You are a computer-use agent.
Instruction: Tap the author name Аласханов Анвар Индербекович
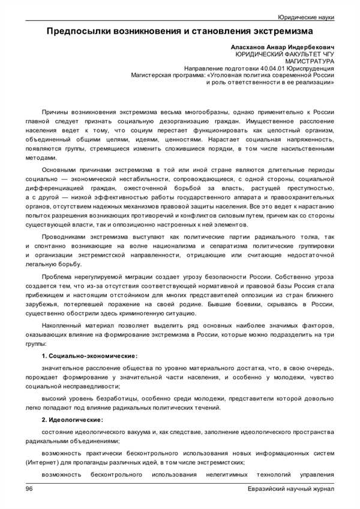pos(283,46)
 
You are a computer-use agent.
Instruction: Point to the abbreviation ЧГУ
pos(325,54)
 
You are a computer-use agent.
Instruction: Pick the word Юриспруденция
pos(310,69)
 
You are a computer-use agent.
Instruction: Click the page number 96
pos(29,490)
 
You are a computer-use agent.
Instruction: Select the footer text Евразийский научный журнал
pos(291,490)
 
